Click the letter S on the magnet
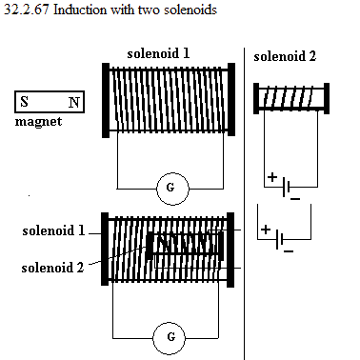coord(24,102)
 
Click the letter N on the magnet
coord(74,102)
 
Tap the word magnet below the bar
coord(38,122)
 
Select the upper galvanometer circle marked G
coord(172,189)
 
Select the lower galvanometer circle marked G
coord(169,338)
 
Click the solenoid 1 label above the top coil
coord(158,53)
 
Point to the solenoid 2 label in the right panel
coord(285,56)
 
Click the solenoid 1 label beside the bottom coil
coord(53,230)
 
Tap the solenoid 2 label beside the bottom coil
coord(52,268)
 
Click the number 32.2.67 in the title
coord(27,10)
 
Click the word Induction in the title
coord(80,10)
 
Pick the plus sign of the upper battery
coord(272,177)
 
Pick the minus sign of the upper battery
coord(295,199)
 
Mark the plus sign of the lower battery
coord(266,230)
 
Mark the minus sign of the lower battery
coord(289,251)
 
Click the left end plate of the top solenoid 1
coord(106,100)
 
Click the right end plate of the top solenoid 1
coord(231,100)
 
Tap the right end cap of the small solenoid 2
coord(327,98)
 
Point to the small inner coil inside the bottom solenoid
coord(185,244)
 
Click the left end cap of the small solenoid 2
coord(256,98)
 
